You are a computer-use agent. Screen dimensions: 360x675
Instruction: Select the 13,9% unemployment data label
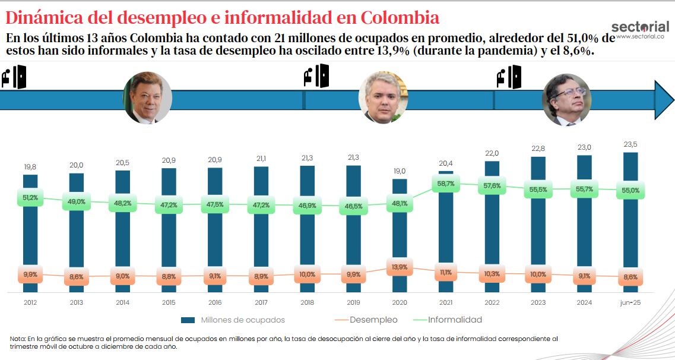tap(400, 267)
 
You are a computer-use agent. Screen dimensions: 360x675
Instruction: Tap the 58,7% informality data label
tap(446, 184)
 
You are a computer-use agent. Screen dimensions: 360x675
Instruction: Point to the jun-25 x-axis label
tap(630, 302)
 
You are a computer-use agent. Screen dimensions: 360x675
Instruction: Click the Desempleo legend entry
tap(373, 320)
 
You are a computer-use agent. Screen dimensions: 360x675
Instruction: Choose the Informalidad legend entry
tap(455, 320)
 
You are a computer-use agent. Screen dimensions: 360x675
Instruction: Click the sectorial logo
tap(639, 27)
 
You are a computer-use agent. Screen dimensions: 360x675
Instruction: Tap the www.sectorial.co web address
tap(639, 37)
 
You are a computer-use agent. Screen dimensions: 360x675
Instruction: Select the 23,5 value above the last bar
tap(630, 145)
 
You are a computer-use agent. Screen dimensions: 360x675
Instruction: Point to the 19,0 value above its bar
tap(400, 171)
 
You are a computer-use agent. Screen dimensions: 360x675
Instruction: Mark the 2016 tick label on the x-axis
tap(215, 302)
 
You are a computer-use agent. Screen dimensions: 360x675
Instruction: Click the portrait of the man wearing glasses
tap(568, 100)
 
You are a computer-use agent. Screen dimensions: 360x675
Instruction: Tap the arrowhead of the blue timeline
tap(663, 100)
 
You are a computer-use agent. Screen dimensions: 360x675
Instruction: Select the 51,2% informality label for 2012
tap(31, 198)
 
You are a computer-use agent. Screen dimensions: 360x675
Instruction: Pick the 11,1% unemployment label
tap(446, 272)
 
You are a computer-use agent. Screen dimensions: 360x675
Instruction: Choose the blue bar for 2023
tap(538, 226)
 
